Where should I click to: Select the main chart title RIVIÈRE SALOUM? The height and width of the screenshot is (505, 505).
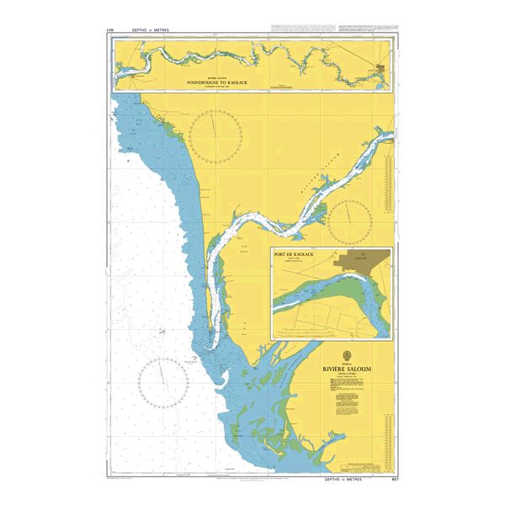(x=346, y=369)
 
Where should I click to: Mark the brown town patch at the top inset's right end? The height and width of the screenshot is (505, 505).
(x=383, y=67)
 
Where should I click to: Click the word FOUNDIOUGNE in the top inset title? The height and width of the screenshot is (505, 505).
(x=205, y=82)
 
